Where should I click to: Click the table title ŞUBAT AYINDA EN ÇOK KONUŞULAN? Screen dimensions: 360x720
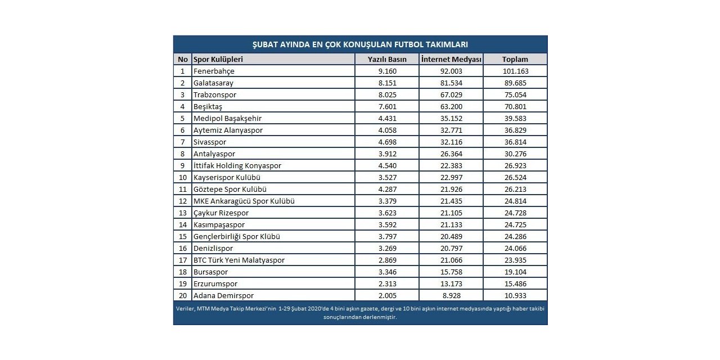pos(360,44)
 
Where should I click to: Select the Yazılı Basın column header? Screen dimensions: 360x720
pos(386,59)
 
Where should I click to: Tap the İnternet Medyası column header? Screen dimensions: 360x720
pos(451,59)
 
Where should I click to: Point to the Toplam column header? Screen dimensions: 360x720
pos(515,59)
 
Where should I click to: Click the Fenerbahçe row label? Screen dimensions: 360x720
pos(214,71)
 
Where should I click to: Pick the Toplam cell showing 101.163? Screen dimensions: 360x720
pos(515,71)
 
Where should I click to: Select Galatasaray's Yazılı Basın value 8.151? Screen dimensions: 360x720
pos(386,83)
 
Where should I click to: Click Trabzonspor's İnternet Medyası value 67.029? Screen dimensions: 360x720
pos(451,94)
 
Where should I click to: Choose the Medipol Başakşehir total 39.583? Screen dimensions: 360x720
pos(515,118)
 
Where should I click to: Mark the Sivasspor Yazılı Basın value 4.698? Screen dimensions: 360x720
pos(386,142)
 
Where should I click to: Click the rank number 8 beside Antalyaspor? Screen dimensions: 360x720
pos(182,154)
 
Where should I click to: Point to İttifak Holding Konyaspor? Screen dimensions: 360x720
pos(237,165)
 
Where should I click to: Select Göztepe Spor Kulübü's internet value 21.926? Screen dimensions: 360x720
pos(451,189)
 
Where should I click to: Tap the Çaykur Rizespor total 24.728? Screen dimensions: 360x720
pos(515,213)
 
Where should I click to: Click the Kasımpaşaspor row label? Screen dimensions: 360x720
pos(219,224)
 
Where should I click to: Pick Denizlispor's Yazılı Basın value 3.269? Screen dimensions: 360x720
pos(386,248)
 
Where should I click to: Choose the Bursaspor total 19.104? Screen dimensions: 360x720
pos(515,272)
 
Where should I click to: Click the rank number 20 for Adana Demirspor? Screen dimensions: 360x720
pos(182,295)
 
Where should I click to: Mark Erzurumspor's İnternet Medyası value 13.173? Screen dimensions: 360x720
pos(451,283)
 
